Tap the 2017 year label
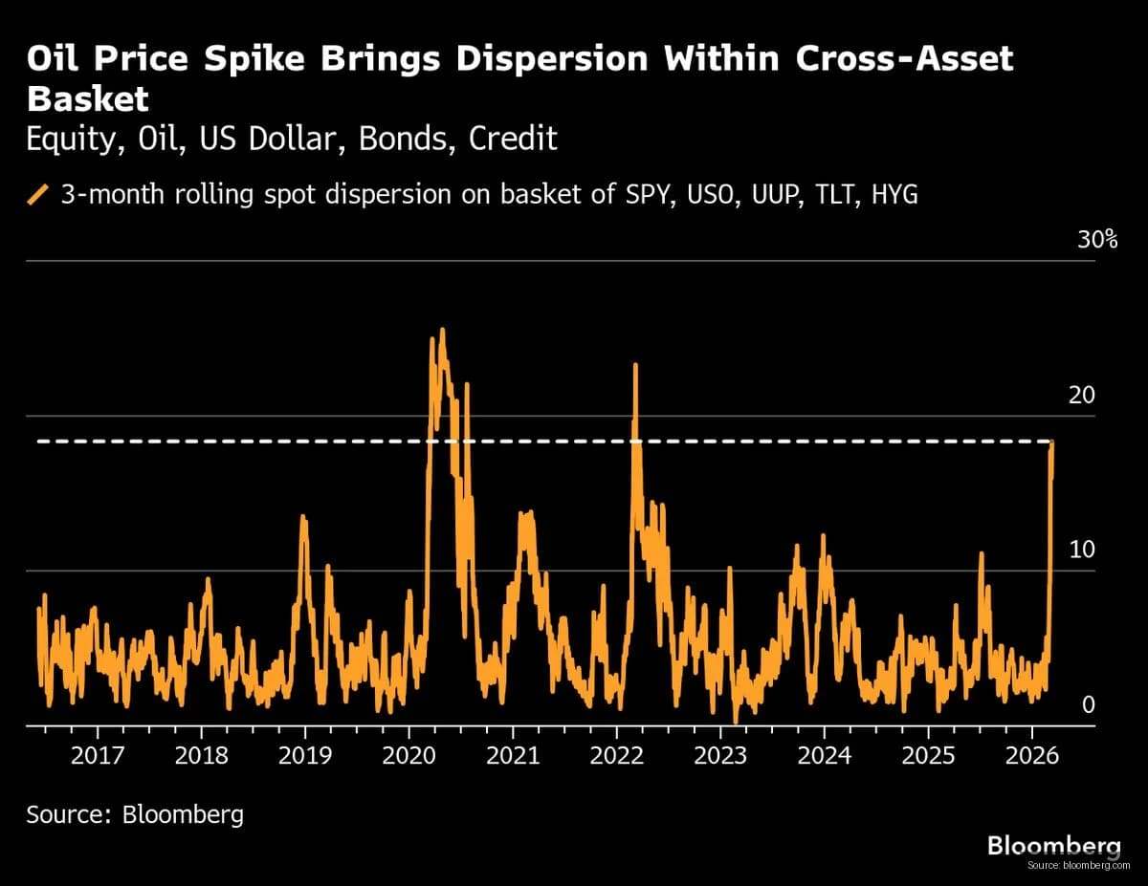coord(97,755)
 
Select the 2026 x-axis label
coord(1032,755)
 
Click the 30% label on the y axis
coord(1097,240)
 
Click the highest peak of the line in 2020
coord(442,330)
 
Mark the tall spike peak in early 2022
coord(634,364)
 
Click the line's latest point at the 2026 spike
coord(1052,443)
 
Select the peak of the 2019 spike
coord(303,517)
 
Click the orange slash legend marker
coord(38,195)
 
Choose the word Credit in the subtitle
coord(513,140)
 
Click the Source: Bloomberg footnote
coord(135,814)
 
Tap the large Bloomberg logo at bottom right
coord(1052,845)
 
